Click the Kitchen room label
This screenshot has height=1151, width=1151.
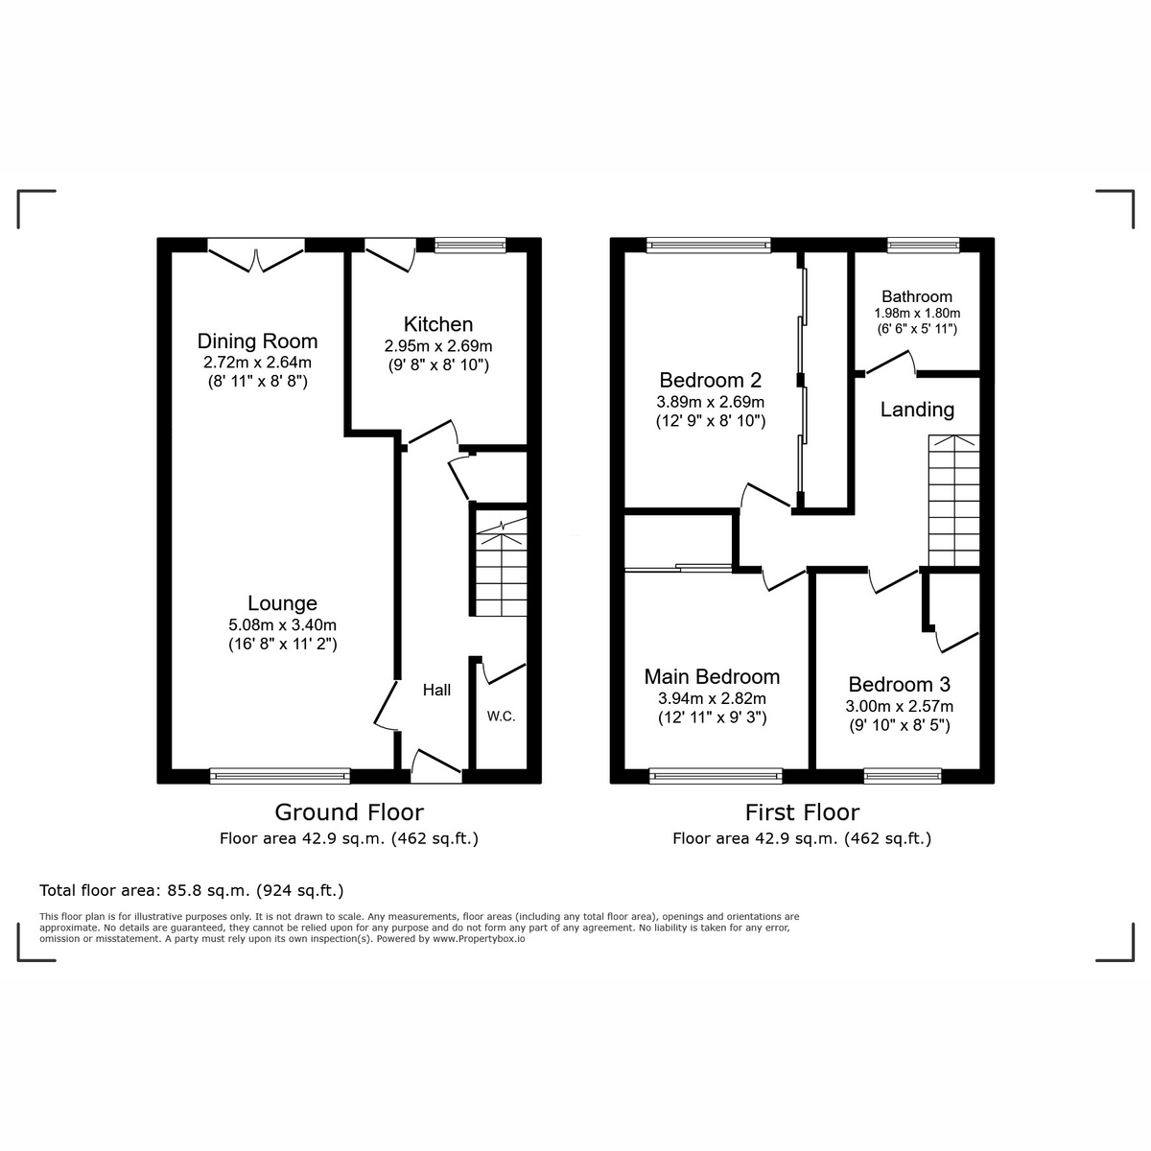coord(437,324)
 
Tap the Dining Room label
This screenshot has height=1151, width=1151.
coord(257,341)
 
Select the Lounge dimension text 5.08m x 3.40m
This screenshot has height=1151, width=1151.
coord(282,624)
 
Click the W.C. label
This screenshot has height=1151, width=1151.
coord(501,716)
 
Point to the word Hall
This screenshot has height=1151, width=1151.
coord(436,690)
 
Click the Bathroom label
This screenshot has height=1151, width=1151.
coord(917,296)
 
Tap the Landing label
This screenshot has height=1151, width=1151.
coord(917,410)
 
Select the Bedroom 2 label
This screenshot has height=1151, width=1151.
coord(710,380)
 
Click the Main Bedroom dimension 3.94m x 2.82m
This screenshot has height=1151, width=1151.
coord(712,698)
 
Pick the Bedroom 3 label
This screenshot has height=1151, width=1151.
coord(899,684)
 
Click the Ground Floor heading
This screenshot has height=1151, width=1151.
coord(349,812)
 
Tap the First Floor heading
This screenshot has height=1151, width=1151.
coord(802,812)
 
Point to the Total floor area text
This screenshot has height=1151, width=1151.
coord(192,890)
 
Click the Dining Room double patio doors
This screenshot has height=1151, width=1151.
coord(256,256)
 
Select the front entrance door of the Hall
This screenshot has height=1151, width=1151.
coord(436,767)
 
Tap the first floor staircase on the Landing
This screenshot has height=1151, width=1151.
coord(953,501)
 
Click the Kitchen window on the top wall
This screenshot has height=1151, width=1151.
coord(470,245)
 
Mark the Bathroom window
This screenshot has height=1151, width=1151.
coord(924,245)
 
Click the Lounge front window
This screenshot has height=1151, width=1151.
coord(280,776)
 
